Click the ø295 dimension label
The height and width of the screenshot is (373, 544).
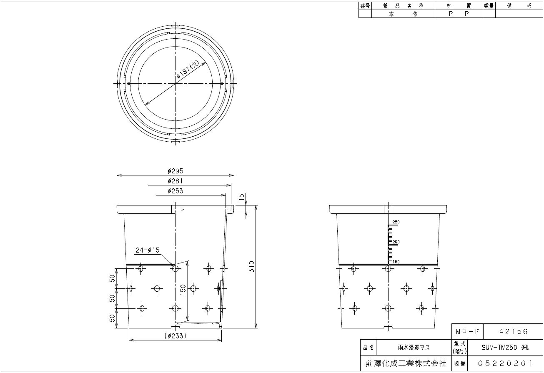coord(175,171)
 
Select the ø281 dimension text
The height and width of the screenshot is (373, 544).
coord(175,181)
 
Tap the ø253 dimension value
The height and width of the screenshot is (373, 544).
coord(175,191)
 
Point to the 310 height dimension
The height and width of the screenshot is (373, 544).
coord(252,267)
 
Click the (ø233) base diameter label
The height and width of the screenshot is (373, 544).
coord(175,336)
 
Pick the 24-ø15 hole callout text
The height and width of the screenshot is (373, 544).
coord(148,250)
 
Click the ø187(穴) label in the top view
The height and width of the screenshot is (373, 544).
coord(188,70)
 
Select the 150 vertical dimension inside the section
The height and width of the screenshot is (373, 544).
coord(183,290)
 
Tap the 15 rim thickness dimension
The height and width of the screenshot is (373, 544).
coord(242,197)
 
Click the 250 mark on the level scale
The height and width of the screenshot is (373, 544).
coord(396,222)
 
